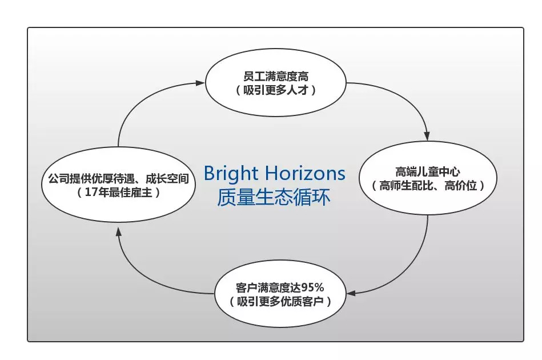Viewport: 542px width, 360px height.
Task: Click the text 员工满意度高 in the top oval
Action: [x=276, y=76]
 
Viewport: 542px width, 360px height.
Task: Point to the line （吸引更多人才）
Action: [x=276, y=90]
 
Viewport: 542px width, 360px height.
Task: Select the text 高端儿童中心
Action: [x=427, y=171]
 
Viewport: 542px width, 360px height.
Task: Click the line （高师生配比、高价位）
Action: [x=427, y=186]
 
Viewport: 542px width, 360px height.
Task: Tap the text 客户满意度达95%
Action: [x=280, y=287]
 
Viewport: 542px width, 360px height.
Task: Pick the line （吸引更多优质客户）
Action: [x=280, y=301]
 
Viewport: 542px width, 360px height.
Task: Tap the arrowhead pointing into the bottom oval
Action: [x=351, y=294]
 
